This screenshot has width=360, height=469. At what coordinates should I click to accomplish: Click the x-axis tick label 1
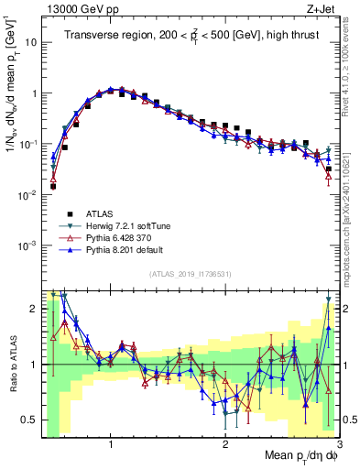click(111, 444)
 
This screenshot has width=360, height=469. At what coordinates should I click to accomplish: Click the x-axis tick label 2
click(225, 444)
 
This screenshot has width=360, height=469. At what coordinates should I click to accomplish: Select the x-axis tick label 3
click(339, 444)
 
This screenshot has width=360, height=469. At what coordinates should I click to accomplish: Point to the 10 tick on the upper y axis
click(31, 42)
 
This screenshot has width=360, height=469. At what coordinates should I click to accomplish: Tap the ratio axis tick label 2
click(33, 309)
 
